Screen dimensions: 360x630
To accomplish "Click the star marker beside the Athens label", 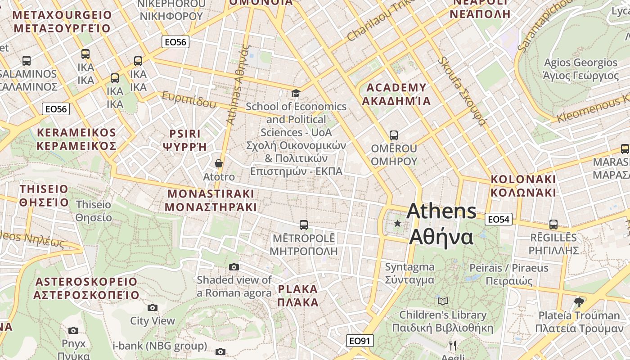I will [397, 223].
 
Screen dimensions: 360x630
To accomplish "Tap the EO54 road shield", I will [499, 219].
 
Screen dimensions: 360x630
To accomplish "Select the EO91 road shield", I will [360, 341].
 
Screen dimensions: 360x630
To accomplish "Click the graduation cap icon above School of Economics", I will [296, 93].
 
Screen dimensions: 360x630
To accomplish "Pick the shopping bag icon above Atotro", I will [219, 163].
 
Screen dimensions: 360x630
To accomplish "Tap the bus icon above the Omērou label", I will [394, 135].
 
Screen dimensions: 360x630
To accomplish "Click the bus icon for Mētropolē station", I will [304, 225].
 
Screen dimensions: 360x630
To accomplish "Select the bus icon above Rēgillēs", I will [553, 224].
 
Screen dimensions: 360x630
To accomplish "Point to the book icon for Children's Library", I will [443, 301].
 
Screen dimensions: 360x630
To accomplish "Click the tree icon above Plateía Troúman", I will [579, 302].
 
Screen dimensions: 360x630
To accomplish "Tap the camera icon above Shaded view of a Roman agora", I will [234, 267].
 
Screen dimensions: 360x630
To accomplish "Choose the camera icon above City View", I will [153, 307].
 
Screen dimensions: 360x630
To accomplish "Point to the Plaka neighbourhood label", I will [298, 295].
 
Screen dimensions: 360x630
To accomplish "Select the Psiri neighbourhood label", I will [184, 140].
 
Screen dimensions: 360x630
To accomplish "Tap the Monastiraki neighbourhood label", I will [211, 200].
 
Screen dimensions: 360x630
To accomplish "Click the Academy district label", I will [396, 94].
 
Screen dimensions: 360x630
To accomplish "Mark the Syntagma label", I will [409, 273].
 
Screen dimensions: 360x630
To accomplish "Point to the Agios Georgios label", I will [580, 69].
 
